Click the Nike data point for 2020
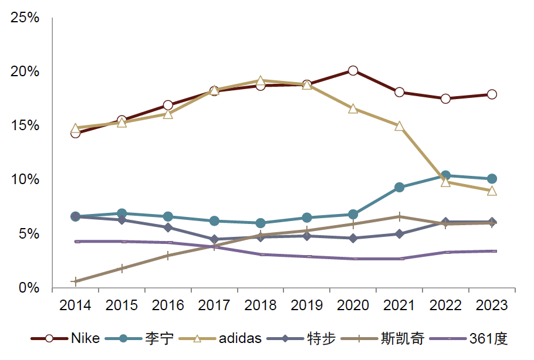(x=353, y=70)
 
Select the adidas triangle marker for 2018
(x=261, y=81)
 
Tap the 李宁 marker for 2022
(x=445, y=175)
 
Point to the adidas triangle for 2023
(x=492, y=191)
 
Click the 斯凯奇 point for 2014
(x=75, y=282)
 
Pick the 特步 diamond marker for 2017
(x=214, y=239)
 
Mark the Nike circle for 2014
(x=75, y=133)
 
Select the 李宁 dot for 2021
(x=399, y=188)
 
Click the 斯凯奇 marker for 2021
(x=399, y=216)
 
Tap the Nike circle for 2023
(x=492, y=94)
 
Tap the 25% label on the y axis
(x=25, y=18)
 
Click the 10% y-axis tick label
(x=25, y=180)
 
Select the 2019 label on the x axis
(x=306, y=305)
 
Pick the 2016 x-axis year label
(x=168, y=305)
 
